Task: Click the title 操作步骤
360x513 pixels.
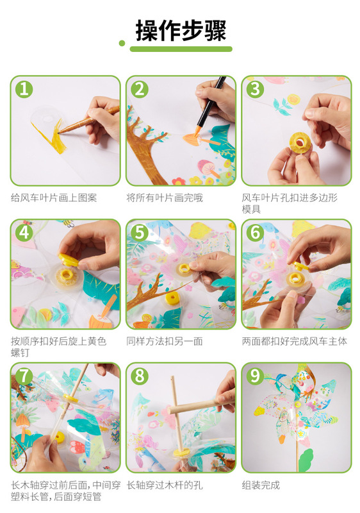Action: [181, 30]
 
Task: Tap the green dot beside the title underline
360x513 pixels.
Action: [122, 43]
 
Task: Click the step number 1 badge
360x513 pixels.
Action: [24, 89]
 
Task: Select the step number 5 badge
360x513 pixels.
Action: [140, 233]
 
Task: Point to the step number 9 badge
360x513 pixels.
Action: [255, 376]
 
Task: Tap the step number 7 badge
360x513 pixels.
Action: [24, 376]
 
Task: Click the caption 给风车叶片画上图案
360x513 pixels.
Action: [54, 198]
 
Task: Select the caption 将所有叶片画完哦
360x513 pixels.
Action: [165, 198]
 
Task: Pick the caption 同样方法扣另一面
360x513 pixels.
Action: [165, 341]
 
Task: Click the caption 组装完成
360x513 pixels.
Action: [261, 485]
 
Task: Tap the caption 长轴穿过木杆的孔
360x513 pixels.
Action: [165, 485]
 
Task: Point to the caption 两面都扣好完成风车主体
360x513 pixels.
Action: [294, 341]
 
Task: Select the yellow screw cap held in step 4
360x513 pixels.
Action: [69, 260]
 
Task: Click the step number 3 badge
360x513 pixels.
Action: [255, 89]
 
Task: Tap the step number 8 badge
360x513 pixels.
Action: [140, 376]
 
